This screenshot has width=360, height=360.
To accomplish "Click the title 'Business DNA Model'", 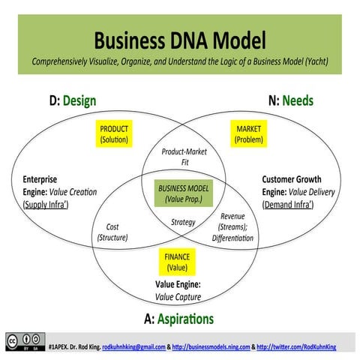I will pyautogui.click(x=180, y=39).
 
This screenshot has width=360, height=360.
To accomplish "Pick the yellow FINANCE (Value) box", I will pyautogui.click(x=177, y=262).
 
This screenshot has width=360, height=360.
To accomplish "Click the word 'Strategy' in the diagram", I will pyautogui.click(x=183, y=222).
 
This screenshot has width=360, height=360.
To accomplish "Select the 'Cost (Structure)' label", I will pyautogui.click(x=112, y=232).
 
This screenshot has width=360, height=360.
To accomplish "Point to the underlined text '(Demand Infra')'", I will pyautogui.click(x=291, y=204).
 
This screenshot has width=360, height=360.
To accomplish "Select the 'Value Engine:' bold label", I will pyautogui.click(x=178, y=284).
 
